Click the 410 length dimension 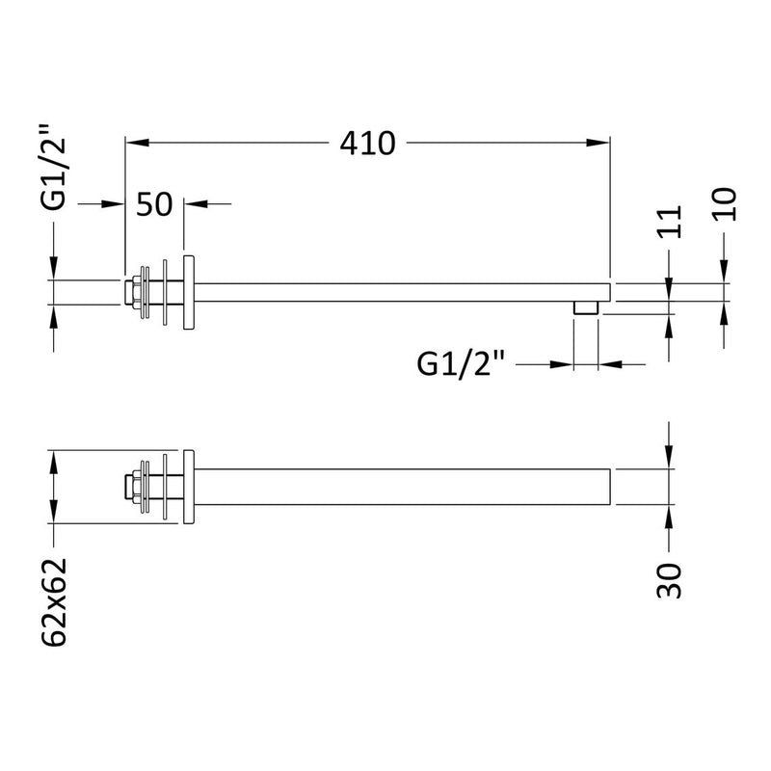point(367,144)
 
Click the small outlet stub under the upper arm point(586,308)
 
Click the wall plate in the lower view point(189,487)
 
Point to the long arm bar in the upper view point(405,291)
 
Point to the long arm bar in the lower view point(405,487)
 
